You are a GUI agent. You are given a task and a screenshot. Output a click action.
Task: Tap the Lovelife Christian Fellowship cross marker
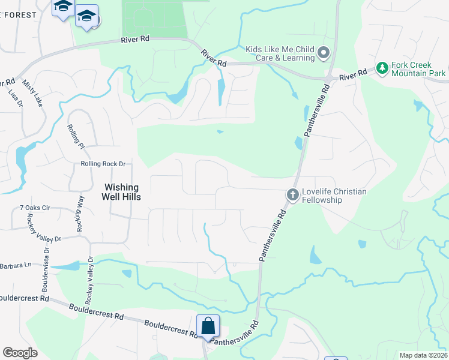pos(292,194)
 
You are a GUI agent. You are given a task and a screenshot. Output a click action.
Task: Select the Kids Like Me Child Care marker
pos(324,53)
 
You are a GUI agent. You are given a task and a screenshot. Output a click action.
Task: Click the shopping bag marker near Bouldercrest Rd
pos(208,326)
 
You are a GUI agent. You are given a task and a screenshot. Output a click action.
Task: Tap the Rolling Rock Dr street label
pos(103,164)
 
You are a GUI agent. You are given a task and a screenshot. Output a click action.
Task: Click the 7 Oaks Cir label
pos(34,208)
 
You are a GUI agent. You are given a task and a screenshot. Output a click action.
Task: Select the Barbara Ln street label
pos(15,265)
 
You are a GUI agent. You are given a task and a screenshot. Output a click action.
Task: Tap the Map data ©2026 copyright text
pos(423,355)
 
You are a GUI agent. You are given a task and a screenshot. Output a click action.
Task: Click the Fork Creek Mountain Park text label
pos(418,69)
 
